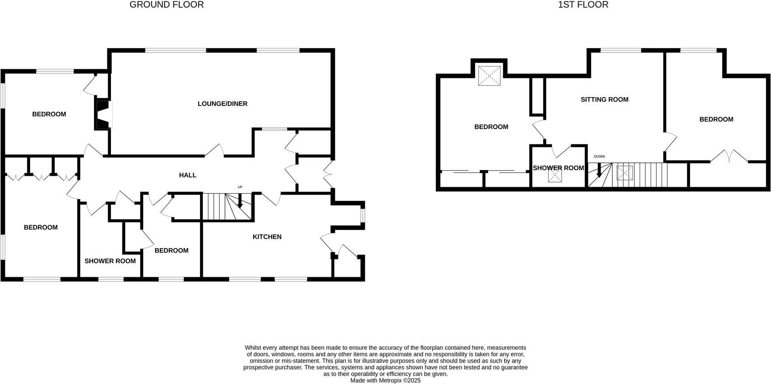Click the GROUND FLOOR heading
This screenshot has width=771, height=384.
pyautogui.click(x=166, y=5)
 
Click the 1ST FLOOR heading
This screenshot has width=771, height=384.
pyautogui.click(x=583, y=5)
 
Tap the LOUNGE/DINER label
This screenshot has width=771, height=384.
pyautogui.click(x=223, y=104)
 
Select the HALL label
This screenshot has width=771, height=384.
pyautogui.click(x=187, y=175)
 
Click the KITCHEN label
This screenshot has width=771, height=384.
pyautogui.click(x=267, y=237)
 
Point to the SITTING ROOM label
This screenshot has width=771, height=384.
pyautogui.click(x=605, y=100)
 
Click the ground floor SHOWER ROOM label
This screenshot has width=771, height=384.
pyautogui.click(x=110, y=261)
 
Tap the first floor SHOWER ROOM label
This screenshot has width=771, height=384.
pyautogui.click(x=558, y=168)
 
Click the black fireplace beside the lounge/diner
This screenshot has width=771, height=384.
pyautogui.click(x=103, y=115)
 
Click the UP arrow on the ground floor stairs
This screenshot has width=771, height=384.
pyautogui.click(x=240, y=202)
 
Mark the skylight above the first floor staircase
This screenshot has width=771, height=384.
pyautogui.click(x=625, y=173)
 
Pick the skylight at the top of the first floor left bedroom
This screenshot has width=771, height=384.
pyautogui.click(x=489, y=75)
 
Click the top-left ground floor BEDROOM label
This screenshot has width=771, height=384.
pyautogui.click(x=49, y=115)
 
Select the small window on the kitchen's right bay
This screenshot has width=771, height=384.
pyautogui.click(x=363, y=215)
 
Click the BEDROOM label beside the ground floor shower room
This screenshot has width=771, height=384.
pyautogui.click(x=171, y=251)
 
